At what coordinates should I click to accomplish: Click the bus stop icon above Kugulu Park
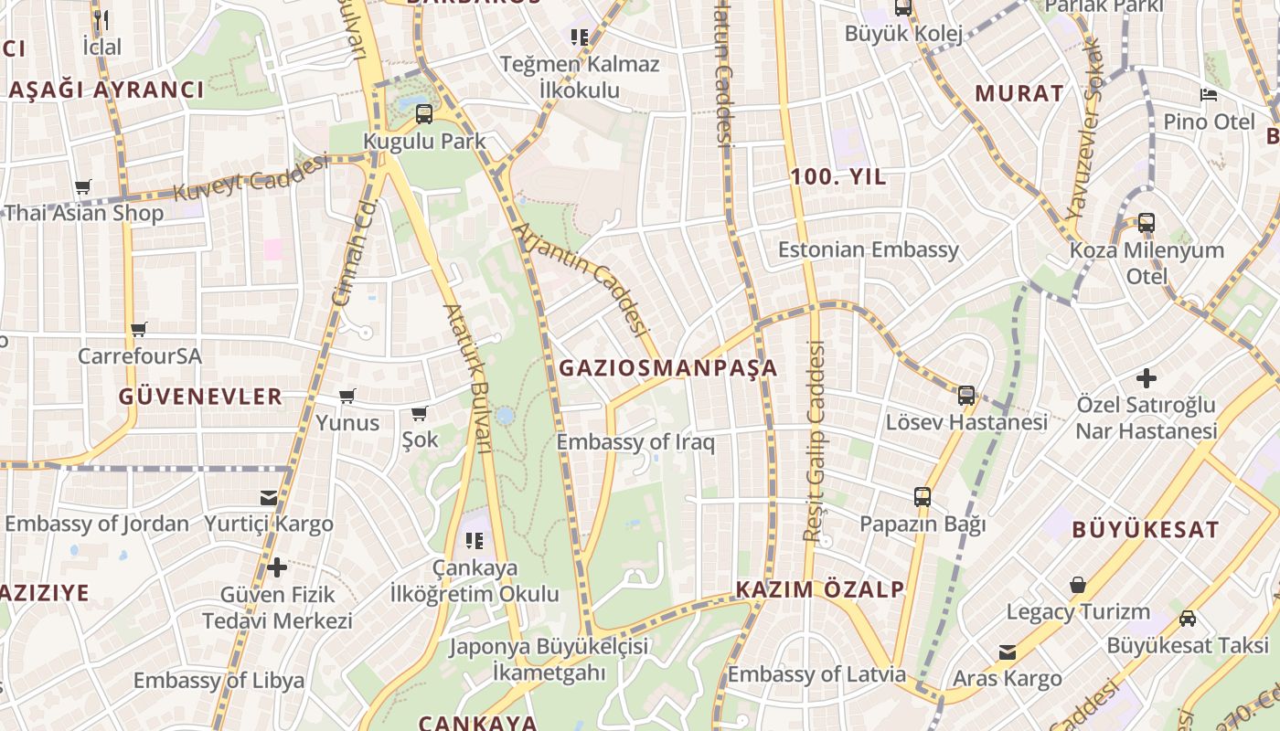[x=424, y=114]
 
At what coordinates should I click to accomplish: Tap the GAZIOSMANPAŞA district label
[x=667, y=368]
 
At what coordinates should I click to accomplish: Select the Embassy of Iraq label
[x=635, y=442]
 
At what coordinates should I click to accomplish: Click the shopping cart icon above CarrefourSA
[x=139, y=329]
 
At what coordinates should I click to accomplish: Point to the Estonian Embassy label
[x=868, y=249]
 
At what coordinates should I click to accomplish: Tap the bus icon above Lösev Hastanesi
[x=966, y=395]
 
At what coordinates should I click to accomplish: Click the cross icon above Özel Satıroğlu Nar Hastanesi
[x=1146, y=377]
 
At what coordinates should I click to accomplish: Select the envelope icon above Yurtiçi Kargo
[x=269, y=498]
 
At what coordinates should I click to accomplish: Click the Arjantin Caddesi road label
[x=582, y=279]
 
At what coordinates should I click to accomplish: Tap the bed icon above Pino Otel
[x=1209, y=95]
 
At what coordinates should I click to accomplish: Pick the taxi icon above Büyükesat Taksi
[x=1188, y=619]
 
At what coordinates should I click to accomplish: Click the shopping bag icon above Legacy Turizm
[x=1078, y=585]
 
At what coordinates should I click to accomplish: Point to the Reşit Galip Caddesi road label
[x=814, y=440]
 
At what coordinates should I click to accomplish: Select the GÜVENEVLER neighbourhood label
[x=200, y=397]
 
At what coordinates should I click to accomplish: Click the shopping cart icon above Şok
[x=420, y=413]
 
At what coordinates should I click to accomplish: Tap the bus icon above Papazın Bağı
[x=923, y=497]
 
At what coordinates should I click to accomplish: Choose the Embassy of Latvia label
[x=816, y=675]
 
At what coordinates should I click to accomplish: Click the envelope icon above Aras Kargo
[x=1008, y=652]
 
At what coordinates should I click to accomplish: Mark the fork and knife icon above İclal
[x=101, y=19]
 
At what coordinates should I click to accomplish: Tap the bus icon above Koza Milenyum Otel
[x=1147, y=222]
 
